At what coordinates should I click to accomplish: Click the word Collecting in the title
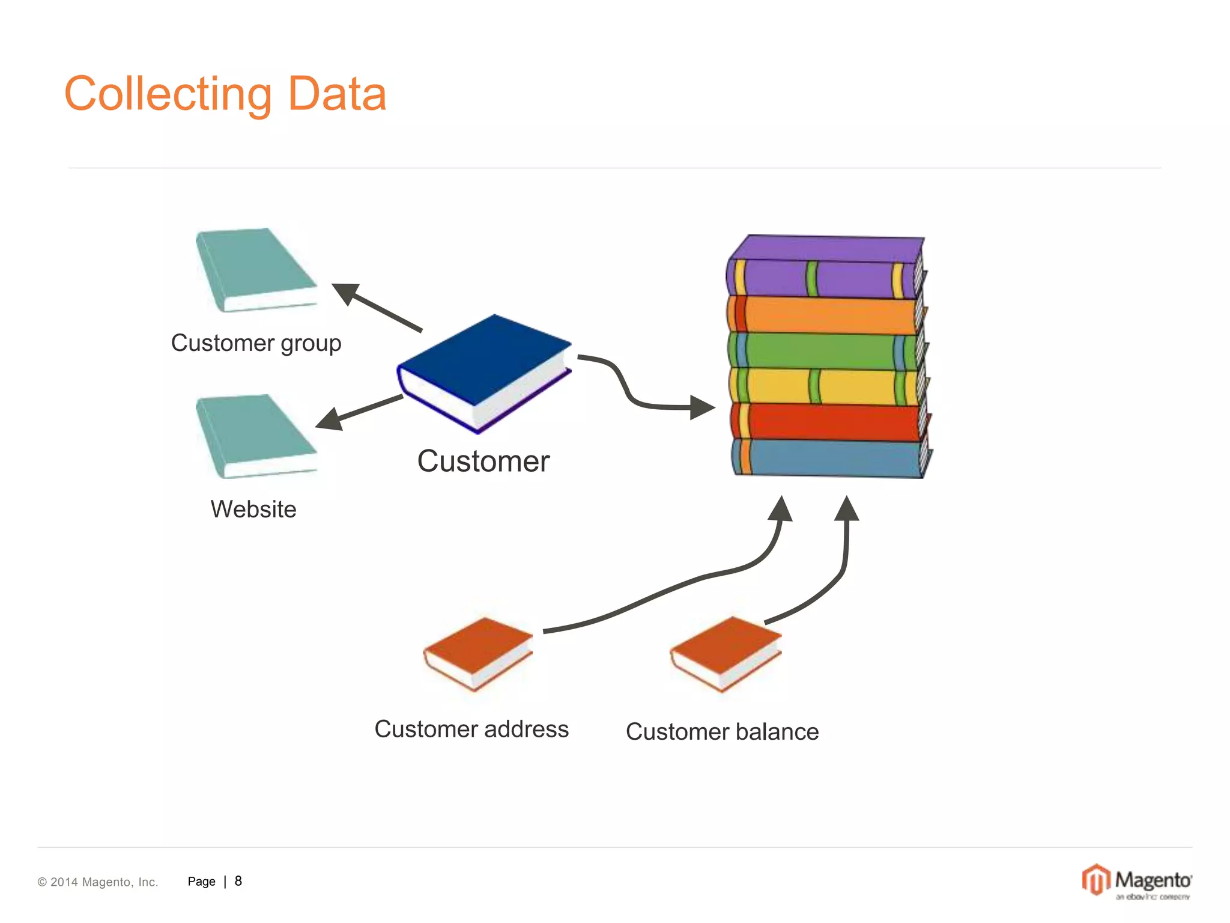point(168,95)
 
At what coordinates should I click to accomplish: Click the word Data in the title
point(337,94)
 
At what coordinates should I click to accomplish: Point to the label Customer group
point(256,343)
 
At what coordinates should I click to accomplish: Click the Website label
point(253,510)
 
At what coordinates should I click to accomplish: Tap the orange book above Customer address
point(477,653)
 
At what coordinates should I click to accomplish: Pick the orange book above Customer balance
point(725,653)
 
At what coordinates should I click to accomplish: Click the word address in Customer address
point(526,729)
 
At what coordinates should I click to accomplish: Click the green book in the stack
point(826,351)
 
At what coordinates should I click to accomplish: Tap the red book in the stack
point(829,422)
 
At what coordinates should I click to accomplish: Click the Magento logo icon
point(1096,880)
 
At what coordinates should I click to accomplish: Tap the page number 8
point(238,881)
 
